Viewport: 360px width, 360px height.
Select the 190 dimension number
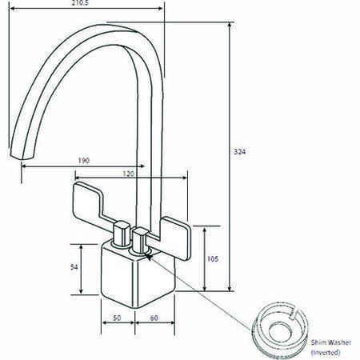click(x=83, y=161)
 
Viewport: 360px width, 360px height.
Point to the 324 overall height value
click(x=238, y=152)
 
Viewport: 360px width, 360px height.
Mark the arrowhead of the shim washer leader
click(x=150, y=255)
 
